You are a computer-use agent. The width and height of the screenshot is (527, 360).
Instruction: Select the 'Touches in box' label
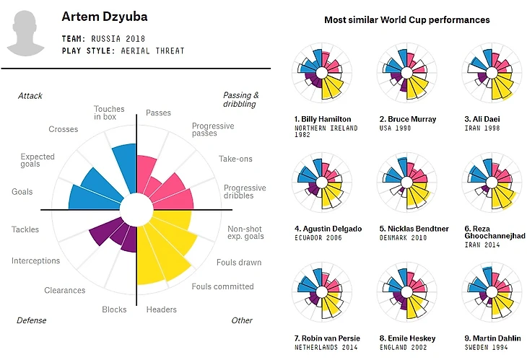coord(109,113)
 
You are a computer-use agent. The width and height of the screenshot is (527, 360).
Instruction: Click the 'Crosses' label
coord(64,130)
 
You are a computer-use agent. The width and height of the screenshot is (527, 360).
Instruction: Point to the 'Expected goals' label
coord(38,160)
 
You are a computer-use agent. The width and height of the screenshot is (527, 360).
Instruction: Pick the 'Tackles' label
coord(25,229)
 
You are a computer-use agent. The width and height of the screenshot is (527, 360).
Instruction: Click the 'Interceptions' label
coord(36,260)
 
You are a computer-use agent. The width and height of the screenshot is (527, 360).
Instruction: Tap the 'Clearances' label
coord(65,291)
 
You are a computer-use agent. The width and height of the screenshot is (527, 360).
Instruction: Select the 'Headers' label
coord(161,309)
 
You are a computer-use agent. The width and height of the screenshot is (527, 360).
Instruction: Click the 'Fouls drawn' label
coord(239,263)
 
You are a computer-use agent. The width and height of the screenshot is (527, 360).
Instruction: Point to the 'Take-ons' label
coord(235,159)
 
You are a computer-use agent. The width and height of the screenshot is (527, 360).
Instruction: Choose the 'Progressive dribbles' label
coord(244,193)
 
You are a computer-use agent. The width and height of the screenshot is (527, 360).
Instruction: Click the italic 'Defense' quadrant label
coord(32,320)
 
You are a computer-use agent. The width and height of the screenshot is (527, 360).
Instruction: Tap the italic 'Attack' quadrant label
coord(30,95)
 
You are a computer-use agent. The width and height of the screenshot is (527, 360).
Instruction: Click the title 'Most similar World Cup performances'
coord(407,19)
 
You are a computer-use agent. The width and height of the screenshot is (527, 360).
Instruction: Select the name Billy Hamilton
coord(323,119)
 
